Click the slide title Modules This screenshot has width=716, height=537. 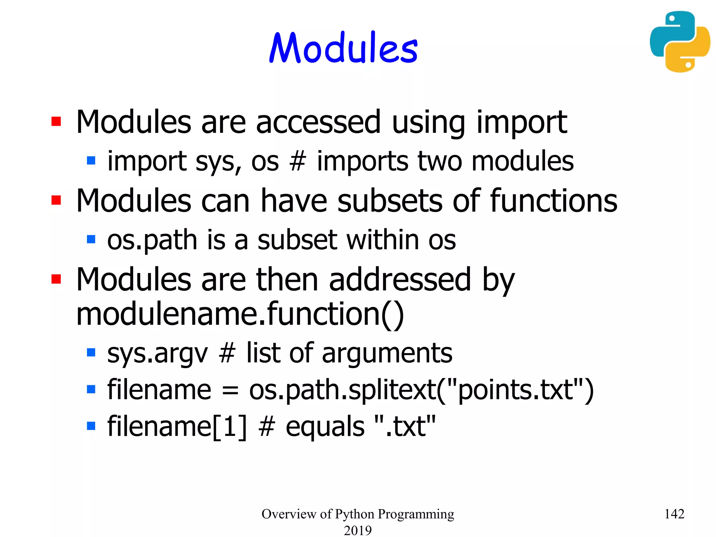click(344, 48)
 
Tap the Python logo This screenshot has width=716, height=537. click(680, 42)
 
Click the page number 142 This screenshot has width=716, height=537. click(674, 514)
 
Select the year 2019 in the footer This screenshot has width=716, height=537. click(358, 530)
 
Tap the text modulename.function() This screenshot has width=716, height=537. click(240, 314)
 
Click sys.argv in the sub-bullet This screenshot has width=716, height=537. click(158, 353)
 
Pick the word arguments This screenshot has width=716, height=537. click(387, 353)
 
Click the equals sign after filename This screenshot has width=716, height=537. click(230, 390)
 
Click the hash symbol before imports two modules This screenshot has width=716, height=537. click(298, 162)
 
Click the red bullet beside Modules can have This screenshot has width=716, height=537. click(56, 200)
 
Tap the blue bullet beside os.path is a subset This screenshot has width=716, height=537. click(91, 239)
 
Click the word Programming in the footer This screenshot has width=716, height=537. click(416, 514)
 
